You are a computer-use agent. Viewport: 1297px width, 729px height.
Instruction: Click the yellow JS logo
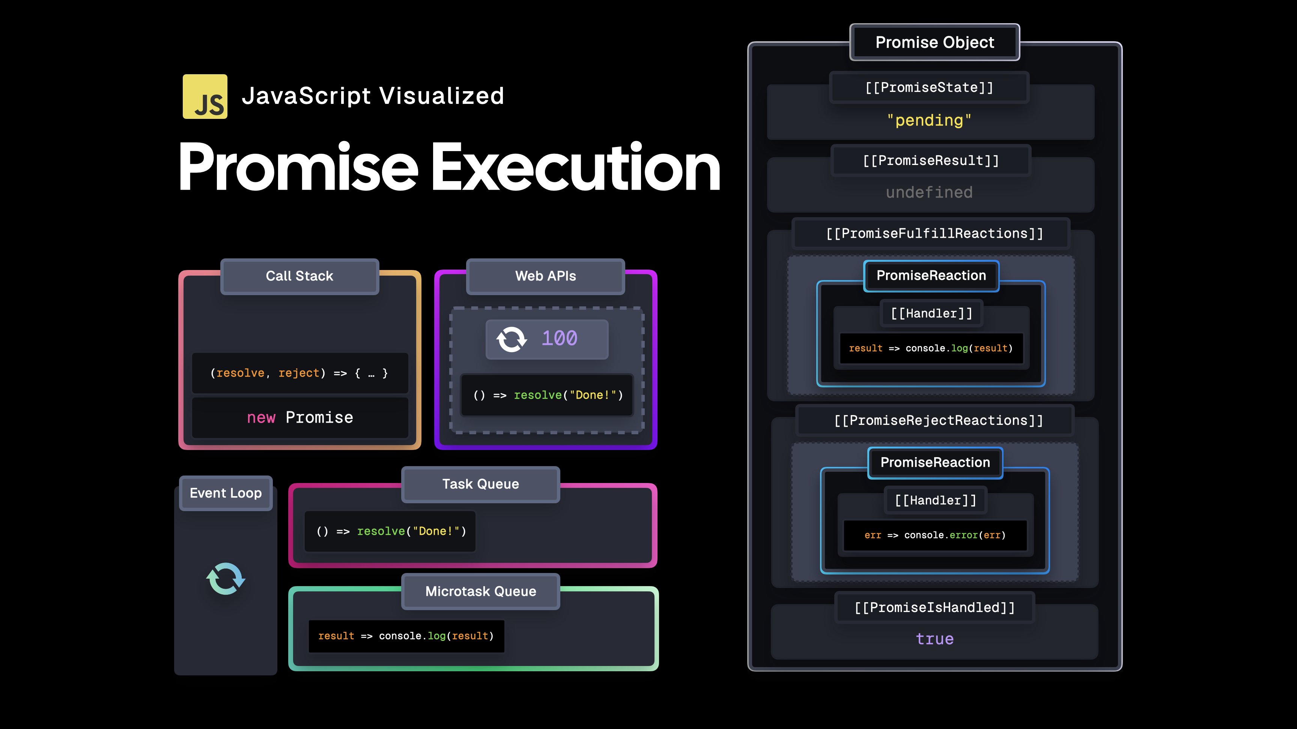(x=205, y=97)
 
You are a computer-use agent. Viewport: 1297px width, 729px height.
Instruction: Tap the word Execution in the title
(x=575, y=168)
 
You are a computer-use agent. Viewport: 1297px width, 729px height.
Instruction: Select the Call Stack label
(x=299, y=276)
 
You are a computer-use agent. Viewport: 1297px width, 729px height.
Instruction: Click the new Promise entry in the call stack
(x=300, y=418)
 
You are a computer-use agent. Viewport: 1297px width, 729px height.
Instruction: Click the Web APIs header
(x=545, y=276)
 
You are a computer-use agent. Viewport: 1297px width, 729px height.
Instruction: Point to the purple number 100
(x=560, y=339)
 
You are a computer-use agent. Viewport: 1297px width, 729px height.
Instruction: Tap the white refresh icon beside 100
(x=512, y=339)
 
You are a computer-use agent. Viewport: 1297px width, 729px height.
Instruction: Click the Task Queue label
(x=480, y=484)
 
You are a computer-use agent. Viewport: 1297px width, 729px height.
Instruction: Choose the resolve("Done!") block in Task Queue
(x=391, y=531)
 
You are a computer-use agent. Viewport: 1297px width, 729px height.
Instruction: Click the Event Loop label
(x=226, y=493)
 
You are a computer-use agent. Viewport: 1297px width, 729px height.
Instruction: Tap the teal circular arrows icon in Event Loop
(x=226, y=579)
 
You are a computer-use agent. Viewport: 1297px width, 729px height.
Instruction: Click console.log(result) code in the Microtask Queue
(x=406, y=636)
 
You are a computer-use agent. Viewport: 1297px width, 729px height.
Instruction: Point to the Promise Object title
(x=934, y=42)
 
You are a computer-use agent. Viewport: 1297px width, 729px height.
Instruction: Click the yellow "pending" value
(x=929, y=120)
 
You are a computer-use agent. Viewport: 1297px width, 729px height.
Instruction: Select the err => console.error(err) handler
(x=935, y=535)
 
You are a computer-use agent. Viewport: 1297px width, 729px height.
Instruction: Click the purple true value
(x=934, y=639)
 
